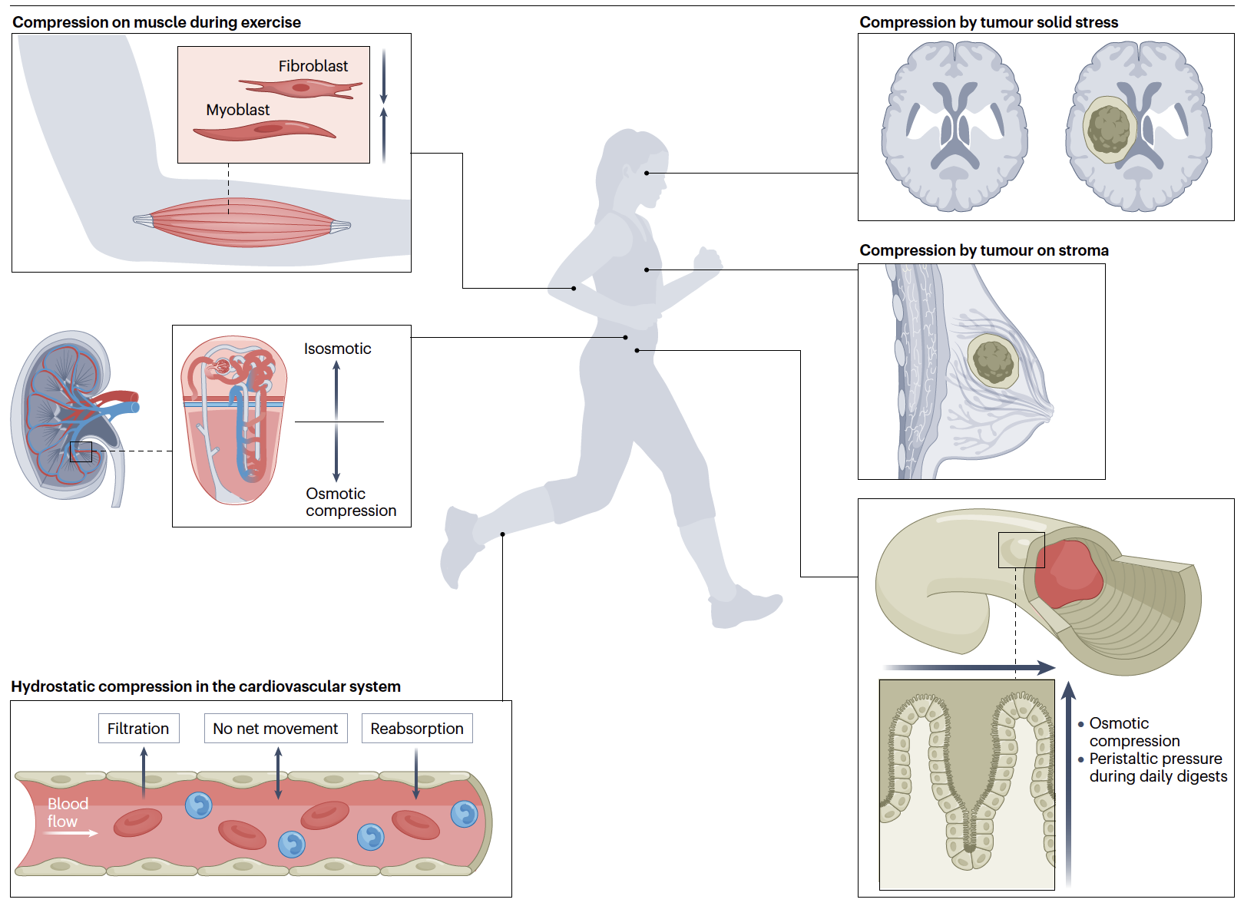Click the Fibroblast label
(x=313, y=66)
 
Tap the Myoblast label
(x=237, y=110)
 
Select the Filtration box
(x=138, y=729)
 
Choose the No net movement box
(x=275, y=729)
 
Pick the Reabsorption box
(x=416, y=729)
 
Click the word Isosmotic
(x=337, y=349)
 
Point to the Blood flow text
(x=68, y=812)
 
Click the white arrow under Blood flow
(x=72, y=833)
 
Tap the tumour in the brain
(x=1109, y=129)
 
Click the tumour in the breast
(x=994, y=359)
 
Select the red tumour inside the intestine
(x=1067, y=574)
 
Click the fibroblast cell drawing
(x=301, y=88)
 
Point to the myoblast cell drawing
(x=265, y=131)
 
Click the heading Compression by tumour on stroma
(x=984, y=250)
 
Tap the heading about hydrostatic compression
(x=206, y=686)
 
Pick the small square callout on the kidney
(x=81, y=451)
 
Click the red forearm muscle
(x=242, y=223)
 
